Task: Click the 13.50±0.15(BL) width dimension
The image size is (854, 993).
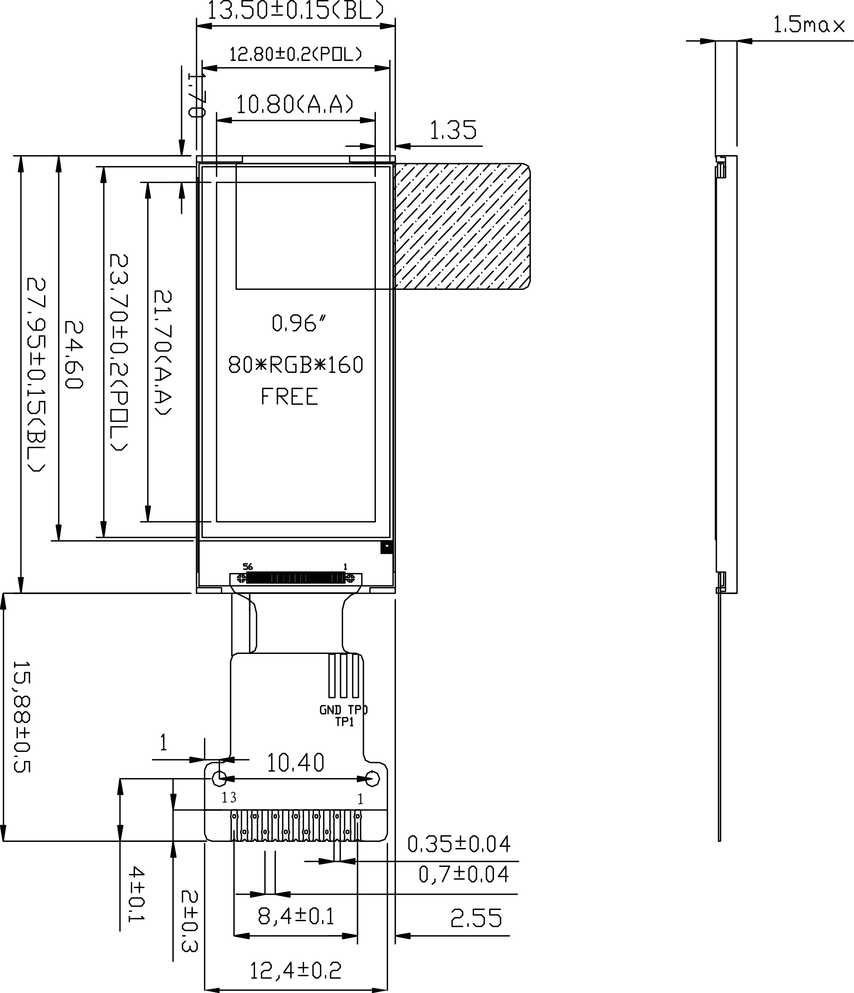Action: (x=295, y=10)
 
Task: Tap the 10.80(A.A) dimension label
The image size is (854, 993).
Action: (x=295, y=105)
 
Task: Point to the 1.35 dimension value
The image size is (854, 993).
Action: (x=453, y=130)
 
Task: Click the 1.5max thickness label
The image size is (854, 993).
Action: (x=809, y=25)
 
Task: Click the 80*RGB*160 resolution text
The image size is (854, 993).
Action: (x=295, y=365)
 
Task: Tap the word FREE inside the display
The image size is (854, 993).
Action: (x=289, y=397)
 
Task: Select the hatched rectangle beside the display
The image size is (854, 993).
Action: (x=462, y=226)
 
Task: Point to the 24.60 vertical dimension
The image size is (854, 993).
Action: (x=74, y=355)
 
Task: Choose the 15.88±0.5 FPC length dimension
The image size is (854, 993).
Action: (x=21, y=717)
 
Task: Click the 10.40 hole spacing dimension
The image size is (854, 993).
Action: (x=295, y=763)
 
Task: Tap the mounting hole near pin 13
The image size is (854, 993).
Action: (x=219, y=779)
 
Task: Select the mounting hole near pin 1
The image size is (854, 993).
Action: (x=373, y=779)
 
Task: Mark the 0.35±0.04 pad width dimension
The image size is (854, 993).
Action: (x=459, y=844)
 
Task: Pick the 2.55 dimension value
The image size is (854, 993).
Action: (x=476, y=918)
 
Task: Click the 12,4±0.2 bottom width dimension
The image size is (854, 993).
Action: (x=295, y=971)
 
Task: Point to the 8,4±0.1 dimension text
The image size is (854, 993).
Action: (x=295, y=916)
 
